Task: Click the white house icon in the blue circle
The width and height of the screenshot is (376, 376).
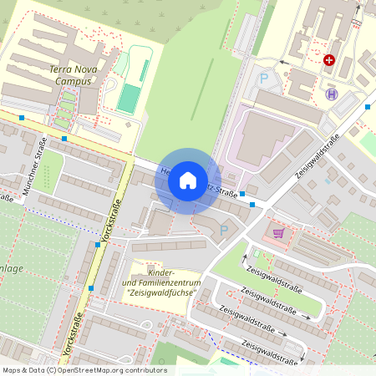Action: [188, 180]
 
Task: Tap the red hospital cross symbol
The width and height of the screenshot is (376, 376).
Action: [329, 60]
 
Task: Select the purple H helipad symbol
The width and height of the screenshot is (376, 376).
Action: [332, 94]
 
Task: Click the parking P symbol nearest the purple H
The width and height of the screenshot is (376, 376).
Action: [264, 79]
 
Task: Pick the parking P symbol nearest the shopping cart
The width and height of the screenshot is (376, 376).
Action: [223, 229]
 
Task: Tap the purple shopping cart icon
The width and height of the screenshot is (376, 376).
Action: [278, 233]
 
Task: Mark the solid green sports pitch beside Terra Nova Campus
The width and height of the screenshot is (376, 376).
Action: [128, 99]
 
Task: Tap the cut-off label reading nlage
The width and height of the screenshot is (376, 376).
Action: [12, 268]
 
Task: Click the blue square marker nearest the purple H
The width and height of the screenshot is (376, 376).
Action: [368, 106]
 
